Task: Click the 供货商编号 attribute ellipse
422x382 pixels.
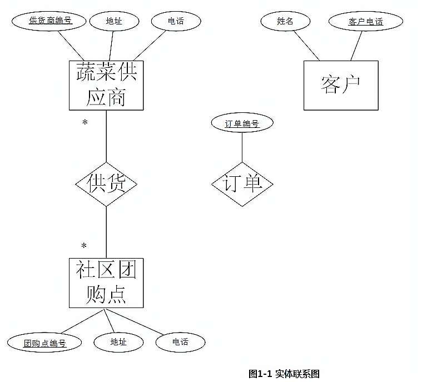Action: pyautogui.click(x=49, y=21)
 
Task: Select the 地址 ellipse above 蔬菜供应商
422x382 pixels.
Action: pyautogui.click(x=114, y=21)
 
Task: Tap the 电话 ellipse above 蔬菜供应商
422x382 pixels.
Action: pyautogui.click(x=176, y=21)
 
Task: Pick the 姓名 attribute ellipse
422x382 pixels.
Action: pyautogui.click(x=285, y=21)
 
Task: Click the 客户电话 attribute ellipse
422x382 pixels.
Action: pyautogui.click(x=366, y=21)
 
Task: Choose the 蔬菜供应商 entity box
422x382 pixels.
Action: pyautogui.click(x=106, y=86)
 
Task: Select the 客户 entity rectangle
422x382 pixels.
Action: pyautogui.click(x=341, y=86)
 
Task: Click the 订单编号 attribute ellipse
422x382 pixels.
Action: pyautogui.click(x=242, y=123)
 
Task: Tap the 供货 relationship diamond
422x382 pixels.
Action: pyautogui.click(x=106, y=185)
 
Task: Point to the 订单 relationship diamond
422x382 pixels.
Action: pyautogui.click(x=242, y=185)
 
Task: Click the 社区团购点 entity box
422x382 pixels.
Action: pyautogui.click(x=106, y=283)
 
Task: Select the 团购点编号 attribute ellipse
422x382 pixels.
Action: pyautogui.click(x=44, y=343)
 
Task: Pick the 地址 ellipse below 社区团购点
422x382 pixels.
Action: pyautogui.click(x=118, y=343)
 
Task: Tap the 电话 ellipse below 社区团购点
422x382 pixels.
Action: pyautogui.click(x=180, y=343)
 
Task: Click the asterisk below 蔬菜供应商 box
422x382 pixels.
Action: pyautogui.click(x=85, y=123)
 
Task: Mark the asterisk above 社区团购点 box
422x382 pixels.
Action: pyautogui.click(x=84, y=246)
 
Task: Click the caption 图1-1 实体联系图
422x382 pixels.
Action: pyautogui.click(x=284, y=374)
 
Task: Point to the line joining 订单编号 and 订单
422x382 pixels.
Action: pyautogui.click(x=242, y=147)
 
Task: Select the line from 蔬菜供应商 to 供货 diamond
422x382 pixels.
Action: pyautogui.click(x=106, y=136)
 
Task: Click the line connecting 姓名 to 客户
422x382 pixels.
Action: pyautogui.click(x=307, y=46)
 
